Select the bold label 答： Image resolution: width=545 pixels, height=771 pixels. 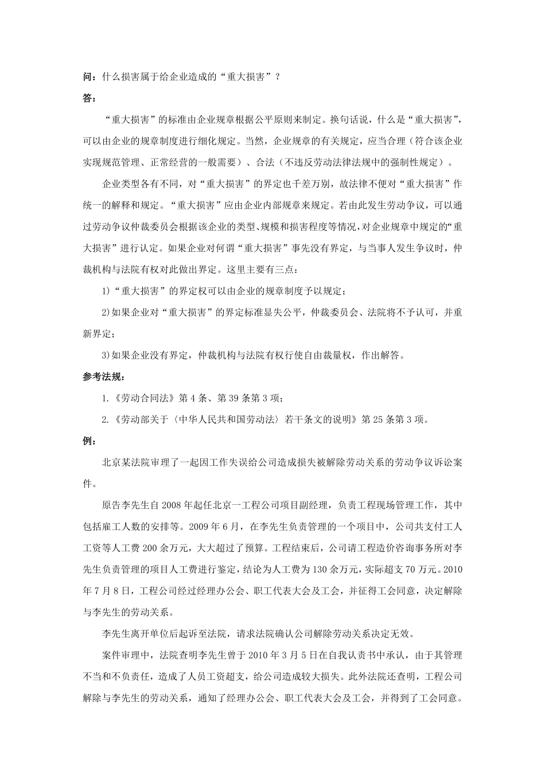[x=89, y=98]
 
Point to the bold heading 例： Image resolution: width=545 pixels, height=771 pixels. [x=89, y=441]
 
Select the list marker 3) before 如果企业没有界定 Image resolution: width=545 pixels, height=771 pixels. [x=106, y=355]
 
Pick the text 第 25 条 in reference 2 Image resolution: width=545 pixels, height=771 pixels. [x=379, y=419]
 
